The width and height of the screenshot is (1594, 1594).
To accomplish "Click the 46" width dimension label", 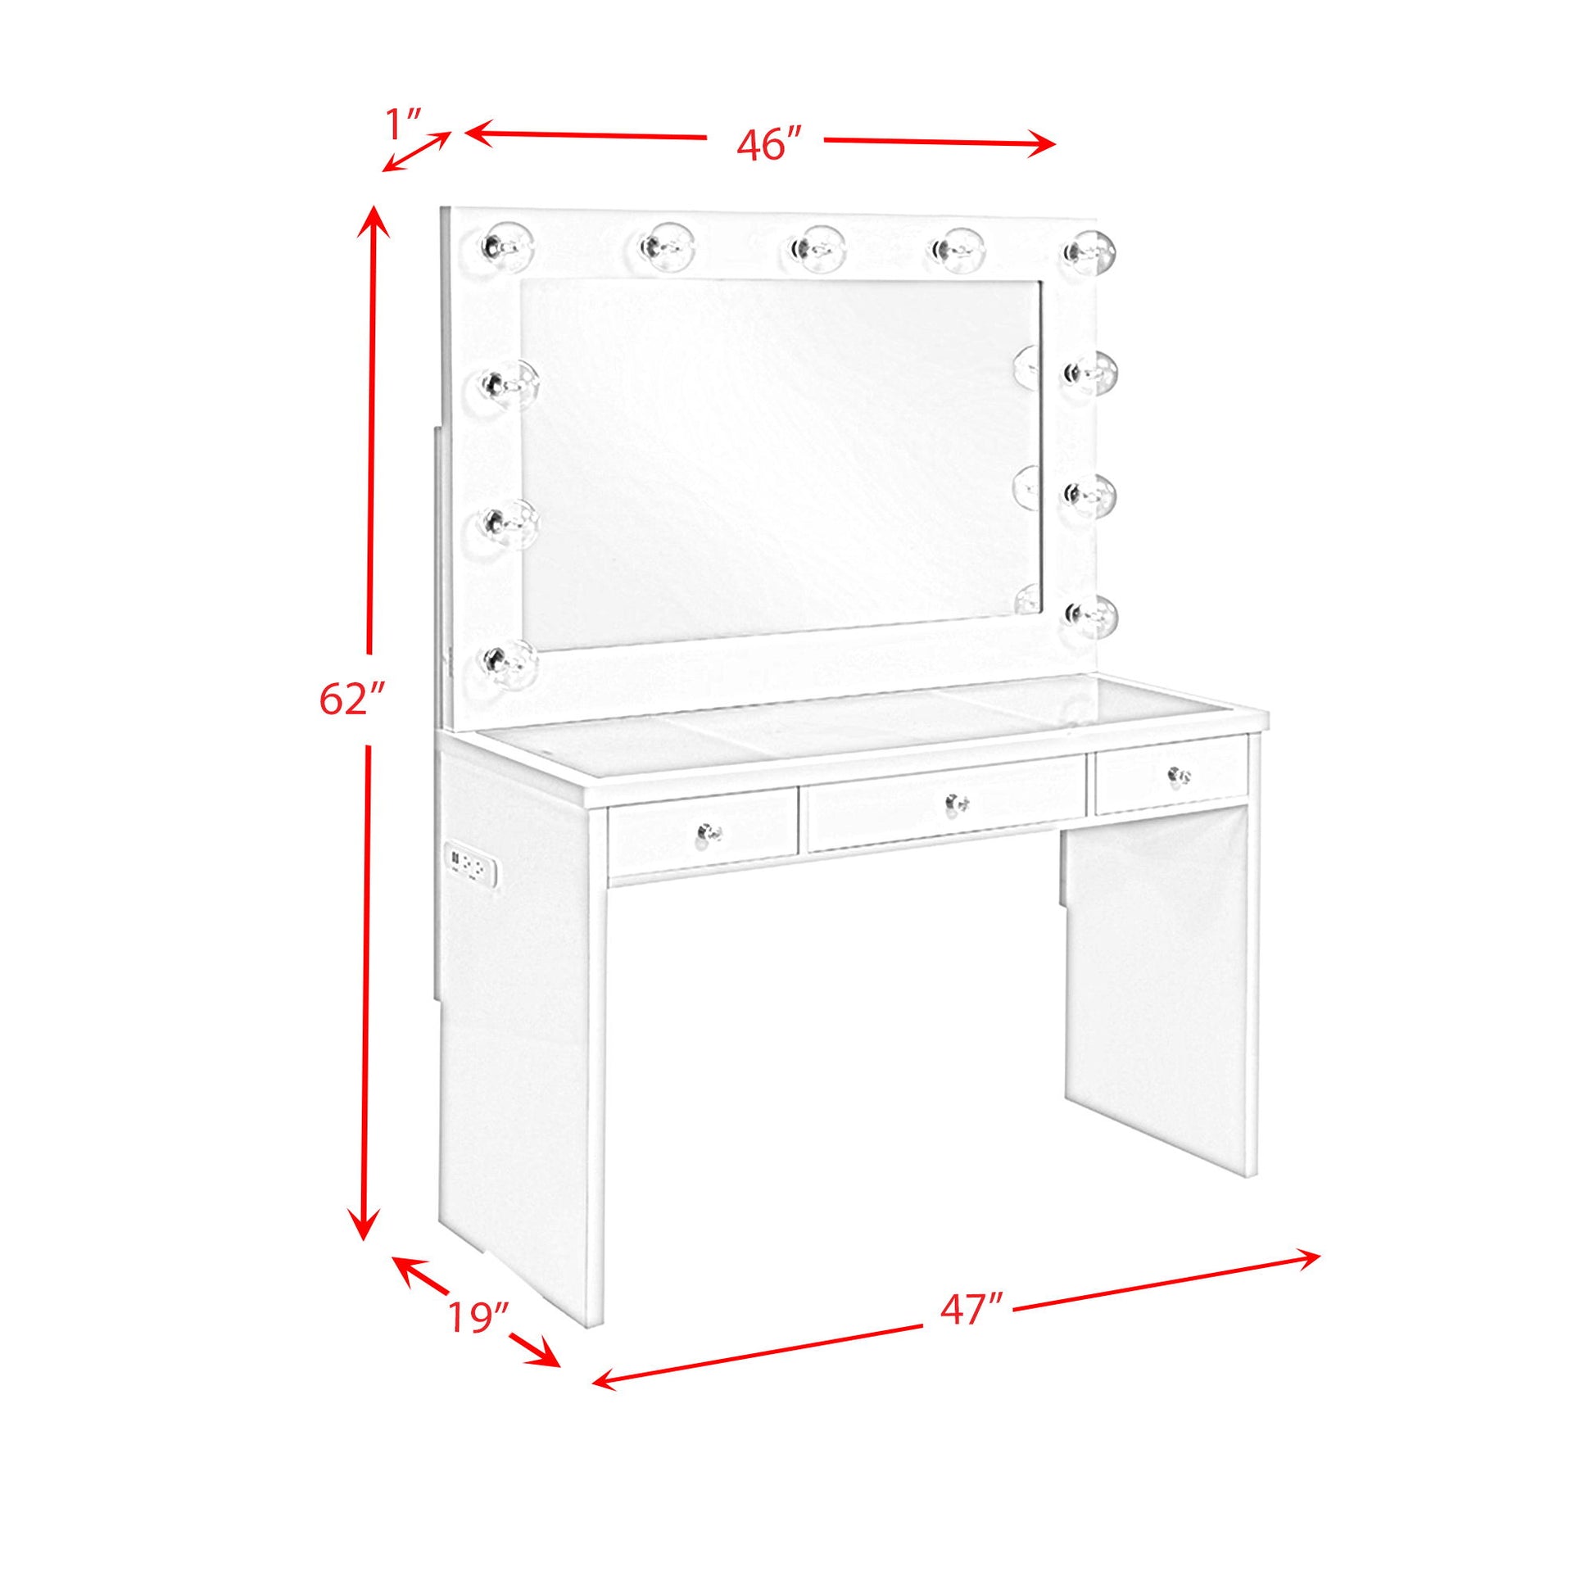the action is coord(769,145).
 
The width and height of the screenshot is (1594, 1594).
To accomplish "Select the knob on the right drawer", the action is coord(1180,775).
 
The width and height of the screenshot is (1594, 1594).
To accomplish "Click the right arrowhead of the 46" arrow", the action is coord(1041,145).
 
